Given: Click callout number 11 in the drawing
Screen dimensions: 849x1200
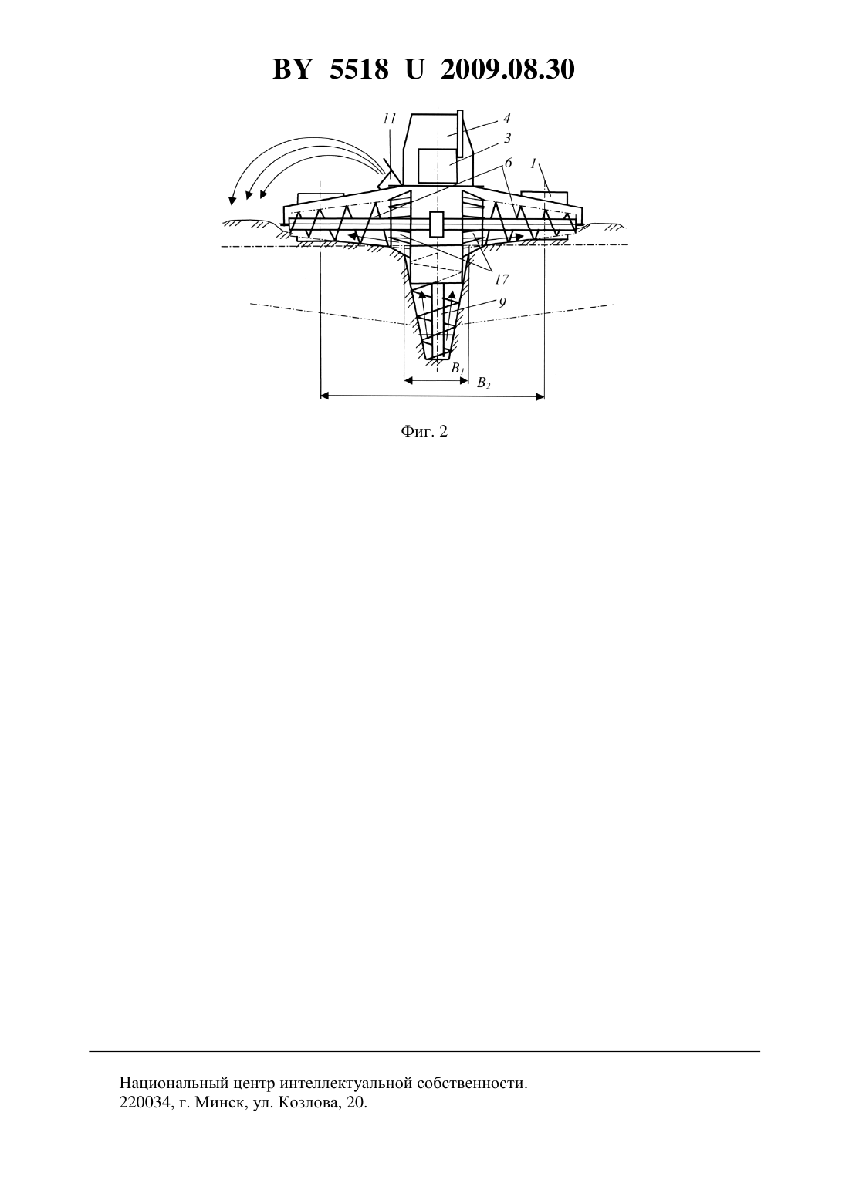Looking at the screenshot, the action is [x=390, y=119].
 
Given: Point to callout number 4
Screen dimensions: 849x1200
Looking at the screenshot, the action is [x=506, y=119].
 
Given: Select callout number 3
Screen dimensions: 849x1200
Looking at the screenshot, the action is [x=507, y=138].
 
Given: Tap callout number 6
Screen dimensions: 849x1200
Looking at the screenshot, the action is [x=508, y=162].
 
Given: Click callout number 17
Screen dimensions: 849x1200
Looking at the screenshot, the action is [x=502, y=279].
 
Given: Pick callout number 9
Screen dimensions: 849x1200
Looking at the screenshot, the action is [x=502, y=302].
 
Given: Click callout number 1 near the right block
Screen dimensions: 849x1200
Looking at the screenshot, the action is [x=533, y=164].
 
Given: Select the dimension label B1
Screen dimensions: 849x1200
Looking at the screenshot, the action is [x=457, y=368].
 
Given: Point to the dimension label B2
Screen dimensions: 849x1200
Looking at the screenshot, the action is [x=483, y=383].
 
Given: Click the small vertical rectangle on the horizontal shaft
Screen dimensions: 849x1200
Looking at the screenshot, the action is [x=437, y=224].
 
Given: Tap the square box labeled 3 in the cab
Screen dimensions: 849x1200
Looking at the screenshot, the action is [x=437, y=166].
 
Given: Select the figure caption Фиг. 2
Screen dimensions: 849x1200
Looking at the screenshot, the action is [x=424, y=431].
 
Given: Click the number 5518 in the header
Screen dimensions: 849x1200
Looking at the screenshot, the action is [x=359, y=69].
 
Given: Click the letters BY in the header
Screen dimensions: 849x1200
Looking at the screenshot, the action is [x=292, y=69].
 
